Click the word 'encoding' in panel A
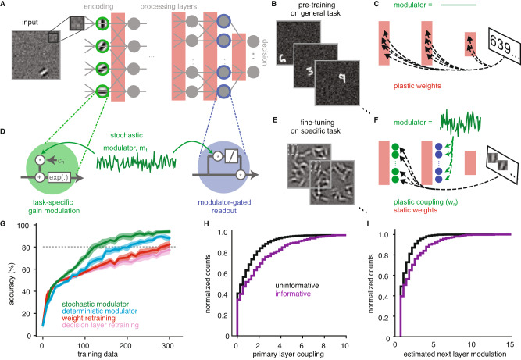[x=105, y=6]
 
